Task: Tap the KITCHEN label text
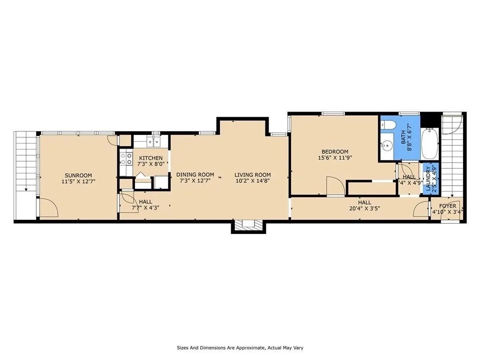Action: click(150, 158)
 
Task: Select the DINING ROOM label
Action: click(195, 175)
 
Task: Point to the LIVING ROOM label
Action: click(252, 175)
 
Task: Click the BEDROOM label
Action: click(335, 151)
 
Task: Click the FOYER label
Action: click(447, 206)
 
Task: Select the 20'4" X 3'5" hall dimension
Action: click(364, 209)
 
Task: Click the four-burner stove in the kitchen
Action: click(126, 158)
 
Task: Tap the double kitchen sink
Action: click(152, 142)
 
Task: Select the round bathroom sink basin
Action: click(387, 145)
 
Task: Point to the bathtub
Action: click(430, 144)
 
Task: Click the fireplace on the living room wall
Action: click(248, 226)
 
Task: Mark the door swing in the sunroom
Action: click(48, 208)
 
